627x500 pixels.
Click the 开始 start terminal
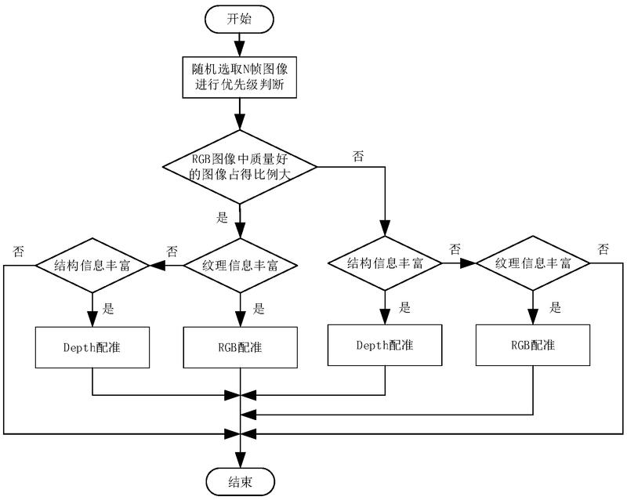240,20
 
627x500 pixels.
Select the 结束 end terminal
240,480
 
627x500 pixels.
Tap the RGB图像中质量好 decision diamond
240,167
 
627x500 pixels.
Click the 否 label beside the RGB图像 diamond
359,156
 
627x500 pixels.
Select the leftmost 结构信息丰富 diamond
92,265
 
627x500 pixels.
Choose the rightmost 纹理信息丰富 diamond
534,263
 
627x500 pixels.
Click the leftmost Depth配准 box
92,346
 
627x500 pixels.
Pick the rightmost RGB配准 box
534,344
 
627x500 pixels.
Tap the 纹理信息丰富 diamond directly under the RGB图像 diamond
240,265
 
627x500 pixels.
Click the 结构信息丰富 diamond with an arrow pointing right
385,263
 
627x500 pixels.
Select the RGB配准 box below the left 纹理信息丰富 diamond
240,346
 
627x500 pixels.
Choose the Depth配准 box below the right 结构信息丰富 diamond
385,345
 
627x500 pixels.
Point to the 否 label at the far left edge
17,251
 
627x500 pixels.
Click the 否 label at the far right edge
603,249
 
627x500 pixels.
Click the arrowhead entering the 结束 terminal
240,461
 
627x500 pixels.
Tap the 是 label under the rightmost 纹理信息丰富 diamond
555,308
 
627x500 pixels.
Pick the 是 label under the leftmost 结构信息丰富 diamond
109,309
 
